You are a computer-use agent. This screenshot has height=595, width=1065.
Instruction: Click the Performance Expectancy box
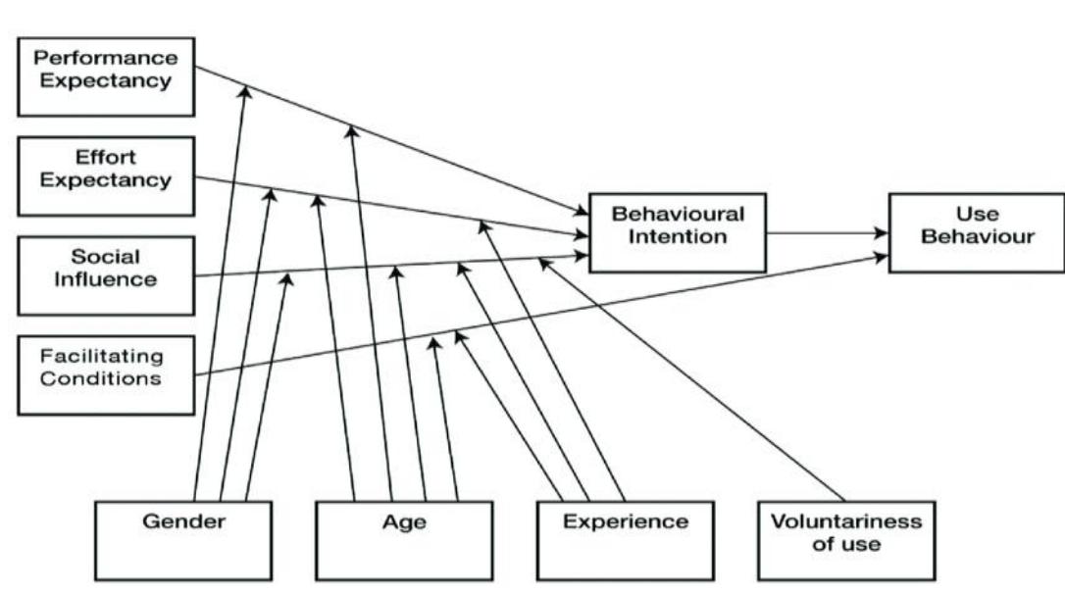coord(105,74)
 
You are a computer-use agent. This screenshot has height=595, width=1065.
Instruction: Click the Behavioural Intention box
coord(677,231)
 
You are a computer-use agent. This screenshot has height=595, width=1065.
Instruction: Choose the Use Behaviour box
coord(976,231)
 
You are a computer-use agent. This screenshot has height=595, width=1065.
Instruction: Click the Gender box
coord(183,540)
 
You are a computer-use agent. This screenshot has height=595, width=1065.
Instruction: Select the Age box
coord(404,540)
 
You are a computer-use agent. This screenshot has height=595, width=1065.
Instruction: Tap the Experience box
coord(625,540)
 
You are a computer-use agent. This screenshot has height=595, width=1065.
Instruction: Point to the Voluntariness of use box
coord(846,540)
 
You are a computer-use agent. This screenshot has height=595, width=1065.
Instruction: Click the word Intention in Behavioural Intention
coord(678,236)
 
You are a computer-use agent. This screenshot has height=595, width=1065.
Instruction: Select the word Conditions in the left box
coord(101,377)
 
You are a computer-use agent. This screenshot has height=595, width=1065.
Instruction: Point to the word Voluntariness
coord(846,521)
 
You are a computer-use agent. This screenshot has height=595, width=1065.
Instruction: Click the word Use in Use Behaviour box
coord(976,213)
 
